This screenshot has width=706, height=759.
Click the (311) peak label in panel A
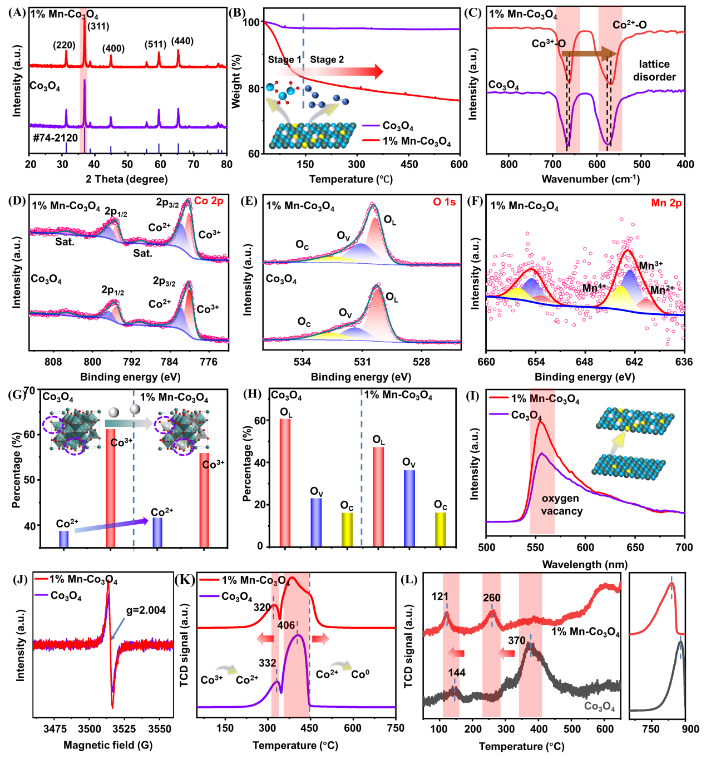[98, 26]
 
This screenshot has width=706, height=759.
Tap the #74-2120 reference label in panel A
[56, 138]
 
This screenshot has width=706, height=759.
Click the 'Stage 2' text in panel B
[327, 60]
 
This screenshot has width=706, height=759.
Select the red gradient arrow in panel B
[330, 71]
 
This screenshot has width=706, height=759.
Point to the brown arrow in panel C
[589, 53]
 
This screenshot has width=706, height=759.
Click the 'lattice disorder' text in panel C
[654, 71]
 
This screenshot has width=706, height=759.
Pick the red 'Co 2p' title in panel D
[209, 201]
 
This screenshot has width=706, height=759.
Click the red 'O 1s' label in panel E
[444, 202]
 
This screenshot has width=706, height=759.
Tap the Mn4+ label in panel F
[594, 287]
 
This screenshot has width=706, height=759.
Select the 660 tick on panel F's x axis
[486, 362]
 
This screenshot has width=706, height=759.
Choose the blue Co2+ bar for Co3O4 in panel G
[64, 539]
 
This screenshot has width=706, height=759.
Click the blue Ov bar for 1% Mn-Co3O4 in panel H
[409, 508]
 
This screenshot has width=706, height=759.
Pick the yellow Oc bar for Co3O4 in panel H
[347, 530]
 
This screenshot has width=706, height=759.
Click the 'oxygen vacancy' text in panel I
[561, 505]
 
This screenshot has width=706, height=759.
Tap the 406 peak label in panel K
[287, 625]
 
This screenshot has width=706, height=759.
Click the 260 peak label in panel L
[492, 597]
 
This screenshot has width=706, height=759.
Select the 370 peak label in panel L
[517, 640]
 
